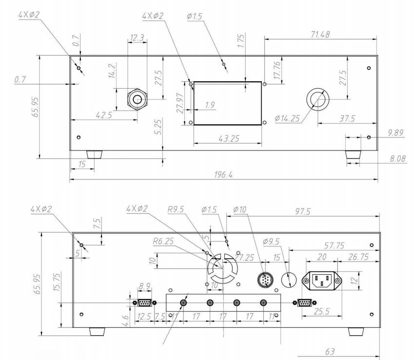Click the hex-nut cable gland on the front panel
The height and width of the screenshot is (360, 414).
136,99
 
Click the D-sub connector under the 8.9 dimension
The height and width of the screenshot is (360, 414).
144,303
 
